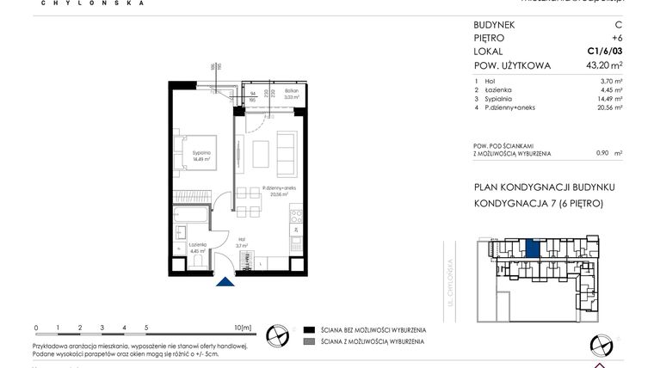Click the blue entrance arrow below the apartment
click(x=225, y=283)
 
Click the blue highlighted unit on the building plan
click(x=534, y=249)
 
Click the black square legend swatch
click(x=308, y=329)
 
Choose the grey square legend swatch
click(x=308, y=341)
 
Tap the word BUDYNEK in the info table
click(x=495, y=25)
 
